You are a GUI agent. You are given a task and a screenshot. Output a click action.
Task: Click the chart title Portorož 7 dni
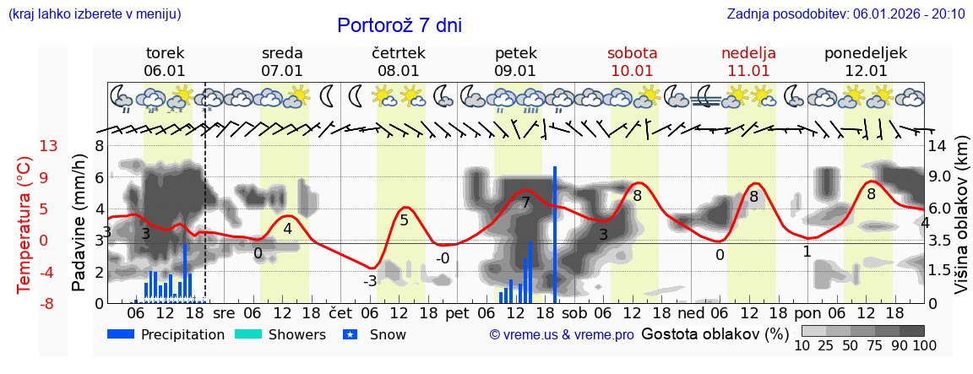click(x=399, y=25)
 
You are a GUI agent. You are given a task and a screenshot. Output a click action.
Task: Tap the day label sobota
click(x=632, y=53)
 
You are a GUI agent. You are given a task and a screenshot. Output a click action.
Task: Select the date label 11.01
click(x=748, y=71)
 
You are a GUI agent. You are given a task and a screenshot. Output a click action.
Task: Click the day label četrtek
click(x=398, y=53)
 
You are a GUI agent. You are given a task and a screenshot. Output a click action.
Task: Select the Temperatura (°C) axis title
click(x=25, y=224)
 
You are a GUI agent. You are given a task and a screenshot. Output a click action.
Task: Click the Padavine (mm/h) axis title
click(x=79, y=223)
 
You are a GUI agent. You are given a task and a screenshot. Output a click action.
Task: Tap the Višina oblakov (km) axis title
click(x=961, y=223)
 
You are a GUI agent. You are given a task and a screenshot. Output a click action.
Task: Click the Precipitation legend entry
click(x=166, y=334)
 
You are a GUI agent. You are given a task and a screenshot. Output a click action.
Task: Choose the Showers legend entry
click(x=280, y=334)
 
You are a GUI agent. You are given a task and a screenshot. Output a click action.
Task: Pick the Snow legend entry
click(x=375, y=334)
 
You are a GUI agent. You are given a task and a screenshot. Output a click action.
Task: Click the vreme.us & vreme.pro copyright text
click(x=562, y=335)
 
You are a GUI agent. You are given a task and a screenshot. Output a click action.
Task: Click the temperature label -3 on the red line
click(x=369, y=281)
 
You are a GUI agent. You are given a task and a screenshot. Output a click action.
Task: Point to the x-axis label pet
click(x=457, y=312)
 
